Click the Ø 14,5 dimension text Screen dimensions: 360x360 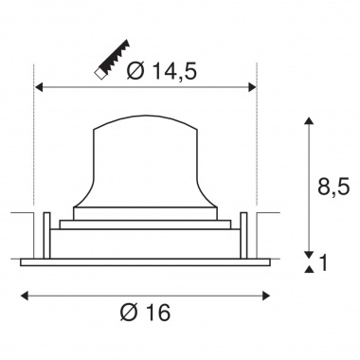161,71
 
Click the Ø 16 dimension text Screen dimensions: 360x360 145,312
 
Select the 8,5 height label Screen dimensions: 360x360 333,187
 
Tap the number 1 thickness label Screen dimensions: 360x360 323,262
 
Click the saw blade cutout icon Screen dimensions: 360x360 112,60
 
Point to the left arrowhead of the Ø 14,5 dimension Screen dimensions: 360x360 39,87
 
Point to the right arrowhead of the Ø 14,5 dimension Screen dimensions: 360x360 252,87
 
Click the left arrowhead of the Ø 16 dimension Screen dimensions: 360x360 25,296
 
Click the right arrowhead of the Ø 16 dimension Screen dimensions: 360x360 266,296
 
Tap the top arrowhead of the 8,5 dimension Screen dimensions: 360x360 309,120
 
